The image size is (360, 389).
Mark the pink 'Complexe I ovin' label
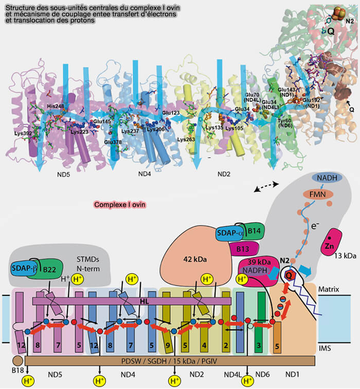[120, 204]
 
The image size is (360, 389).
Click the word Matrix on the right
[329, 290]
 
